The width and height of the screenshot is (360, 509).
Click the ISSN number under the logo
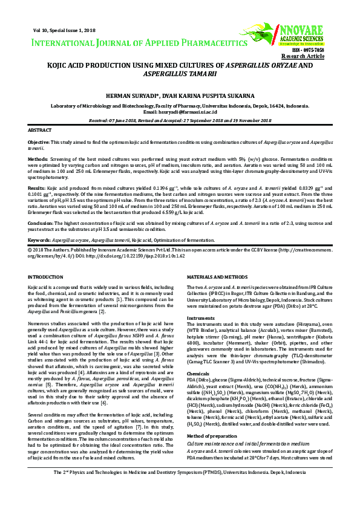click(324, 50)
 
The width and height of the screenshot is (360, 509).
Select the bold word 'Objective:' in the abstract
click(41, 141)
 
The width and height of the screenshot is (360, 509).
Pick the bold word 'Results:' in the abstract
click(38, 189)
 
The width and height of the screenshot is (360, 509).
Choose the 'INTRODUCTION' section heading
click(46, 277)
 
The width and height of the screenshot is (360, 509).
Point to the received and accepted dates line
click(180, 120)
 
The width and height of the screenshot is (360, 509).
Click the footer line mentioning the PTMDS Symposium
click(180, 488)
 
